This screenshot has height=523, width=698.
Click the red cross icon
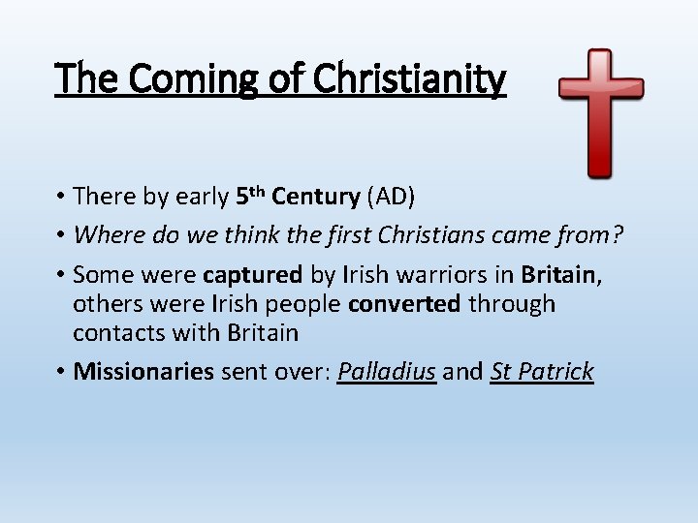[x=601, y=111]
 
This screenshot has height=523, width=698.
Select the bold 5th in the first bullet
[x=250, y=196]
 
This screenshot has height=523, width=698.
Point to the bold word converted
[x=404, y=304]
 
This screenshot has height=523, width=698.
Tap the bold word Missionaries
[x=143, y=372]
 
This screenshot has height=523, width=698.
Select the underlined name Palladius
[x=387, y=372]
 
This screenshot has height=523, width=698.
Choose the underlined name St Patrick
[x=542, y=372]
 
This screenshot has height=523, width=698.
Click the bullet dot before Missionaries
[x=61, y=372]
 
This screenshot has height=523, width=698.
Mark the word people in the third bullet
[x=293, y=304]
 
